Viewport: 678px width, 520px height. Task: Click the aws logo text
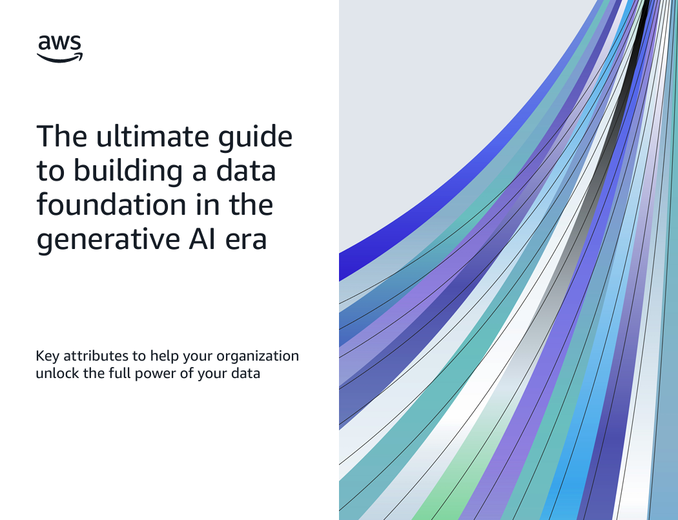(59, 43)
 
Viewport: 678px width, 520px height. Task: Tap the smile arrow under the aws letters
(59, 58)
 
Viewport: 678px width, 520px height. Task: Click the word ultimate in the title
(152, 136)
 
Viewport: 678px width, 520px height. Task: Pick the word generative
(108, 240)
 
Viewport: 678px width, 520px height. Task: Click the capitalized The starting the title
(62, 136)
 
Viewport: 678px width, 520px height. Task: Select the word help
(164, 357)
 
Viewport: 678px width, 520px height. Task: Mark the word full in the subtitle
(119, 373)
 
